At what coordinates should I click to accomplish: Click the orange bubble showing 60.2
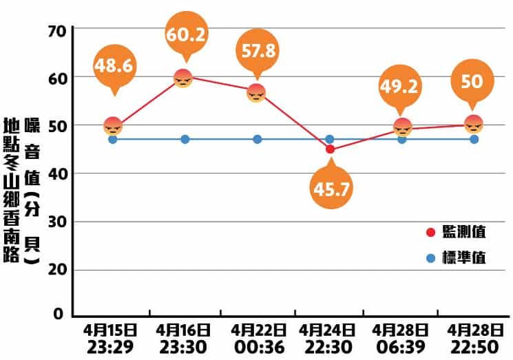pyautogui.click(x=186, y=34)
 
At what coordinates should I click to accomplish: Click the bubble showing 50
pyautogui.click(x=472, y=81)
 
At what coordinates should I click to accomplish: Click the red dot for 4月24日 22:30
pyautogui.click(x=330, y=149)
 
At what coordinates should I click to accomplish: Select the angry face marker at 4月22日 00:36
pyautogui.click(x=256, y=93)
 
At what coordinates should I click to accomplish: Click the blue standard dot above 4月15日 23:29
pyautogui.click(x=113, y=140)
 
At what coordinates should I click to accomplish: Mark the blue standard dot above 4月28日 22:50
pyautogui.click(x=474, y=140)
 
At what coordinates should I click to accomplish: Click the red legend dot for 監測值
pyautogui.click(x=432, y=232)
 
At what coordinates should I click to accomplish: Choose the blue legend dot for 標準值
pyautogui.click(x=432, y=259)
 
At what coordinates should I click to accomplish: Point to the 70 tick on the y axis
pyautogui.click(x=56, y=31)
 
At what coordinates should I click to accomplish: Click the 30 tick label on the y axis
pyautogui.click(x=56, y=222)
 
